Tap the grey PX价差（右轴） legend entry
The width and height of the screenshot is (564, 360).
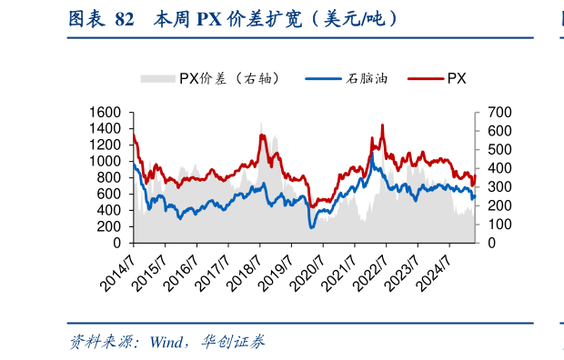pos(210,79)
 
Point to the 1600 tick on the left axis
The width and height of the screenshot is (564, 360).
pos(106,112)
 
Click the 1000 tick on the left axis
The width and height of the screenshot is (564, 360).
pos(106,161)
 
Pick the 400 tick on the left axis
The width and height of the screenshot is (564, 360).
pos(110,210)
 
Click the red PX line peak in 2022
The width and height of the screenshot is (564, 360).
pos(382,125)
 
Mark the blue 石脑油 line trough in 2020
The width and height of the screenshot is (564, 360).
pos(310,226)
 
